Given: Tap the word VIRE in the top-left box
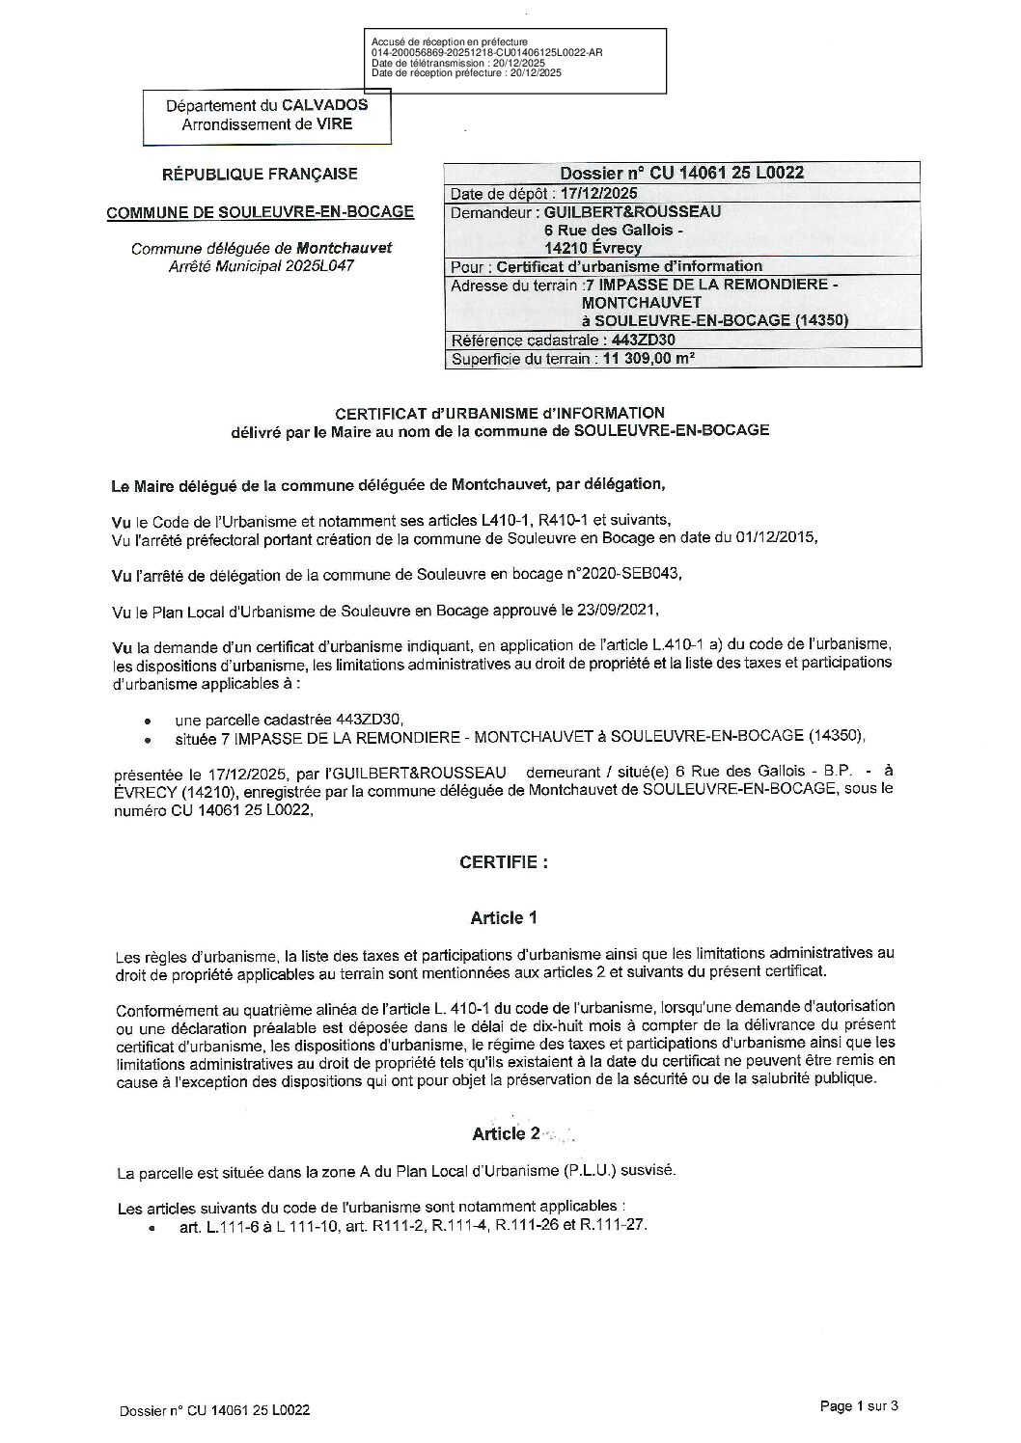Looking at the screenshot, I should coord(333,123).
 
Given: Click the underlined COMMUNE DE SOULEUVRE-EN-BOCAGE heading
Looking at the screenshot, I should coord(260,212).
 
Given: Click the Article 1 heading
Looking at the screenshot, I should coord(504,917).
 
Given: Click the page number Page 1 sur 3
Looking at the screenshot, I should coord(858,1406).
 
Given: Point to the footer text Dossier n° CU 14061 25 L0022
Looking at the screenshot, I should coord(215,1410).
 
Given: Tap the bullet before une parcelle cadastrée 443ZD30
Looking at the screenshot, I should coord(147,721).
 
